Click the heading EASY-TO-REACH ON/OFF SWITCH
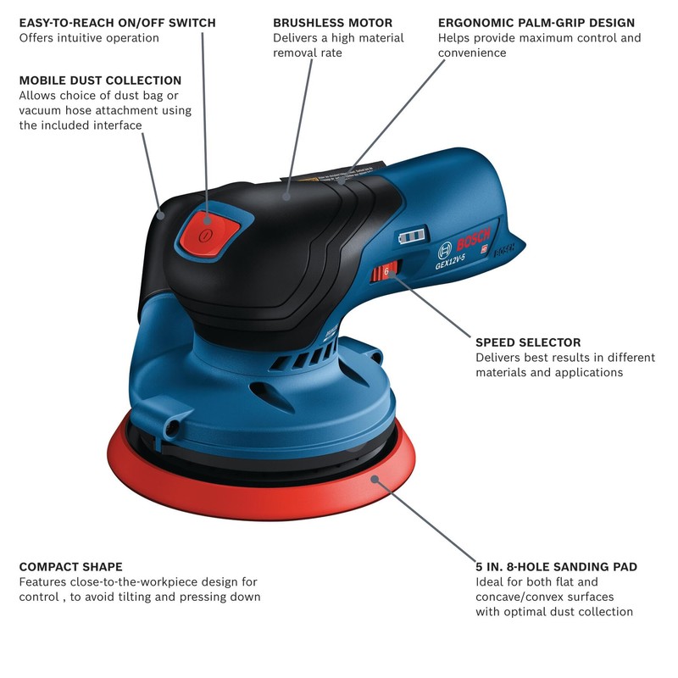click(x=117, y=23)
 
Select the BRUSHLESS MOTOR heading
click(x=332, y=23)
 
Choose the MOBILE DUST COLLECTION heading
click(x=100, y=81)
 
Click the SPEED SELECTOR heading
click(x=528, y=342)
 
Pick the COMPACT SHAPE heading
click(x=70, y=566)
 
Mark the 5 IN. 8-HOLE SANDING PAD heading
click(x=556, y=566)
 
